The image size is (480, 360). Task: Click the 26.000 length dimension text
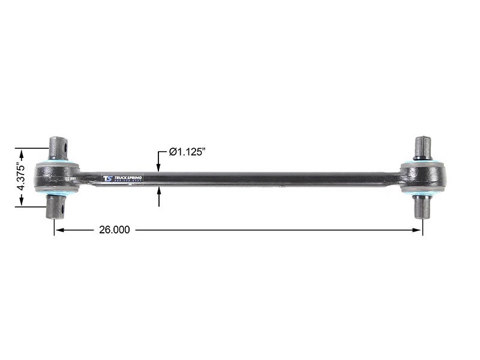pyautogui.click(x=114, y=230)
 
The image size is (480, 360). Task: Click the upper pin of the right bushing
pyautogui.click(x=422, y=147)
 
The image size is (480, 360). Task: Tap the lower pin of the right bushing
pyautogui.click(x=422, y=207)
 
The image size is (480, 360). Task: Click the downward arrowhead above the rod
pyautogui.click(x=159, y=168)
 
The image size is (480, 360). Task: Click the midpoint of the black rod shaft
pyautogui.click(x=240, y=178)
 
